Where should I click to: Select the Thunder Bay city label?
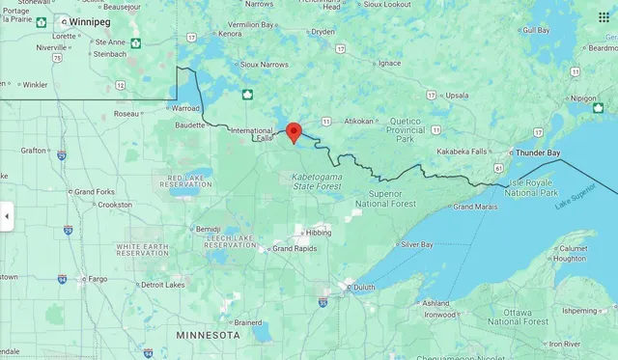538,152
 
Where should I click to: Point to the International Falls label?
252,134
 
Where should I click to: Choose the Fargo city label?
97,278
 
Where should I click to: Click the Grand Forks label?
96,191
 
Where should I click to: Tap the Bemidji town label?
208,229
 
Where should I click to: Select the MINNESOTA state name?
208,334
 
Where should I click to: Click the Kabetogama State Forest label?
316,180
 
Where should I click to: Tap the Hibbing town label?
318,233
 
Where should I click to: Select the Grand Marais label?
475,207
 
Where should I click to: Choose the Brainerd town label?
247,322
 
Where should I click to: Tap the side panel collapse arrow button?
6,216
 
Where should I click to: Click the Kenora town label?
230,34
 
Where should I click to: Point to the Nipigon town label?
584,98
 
